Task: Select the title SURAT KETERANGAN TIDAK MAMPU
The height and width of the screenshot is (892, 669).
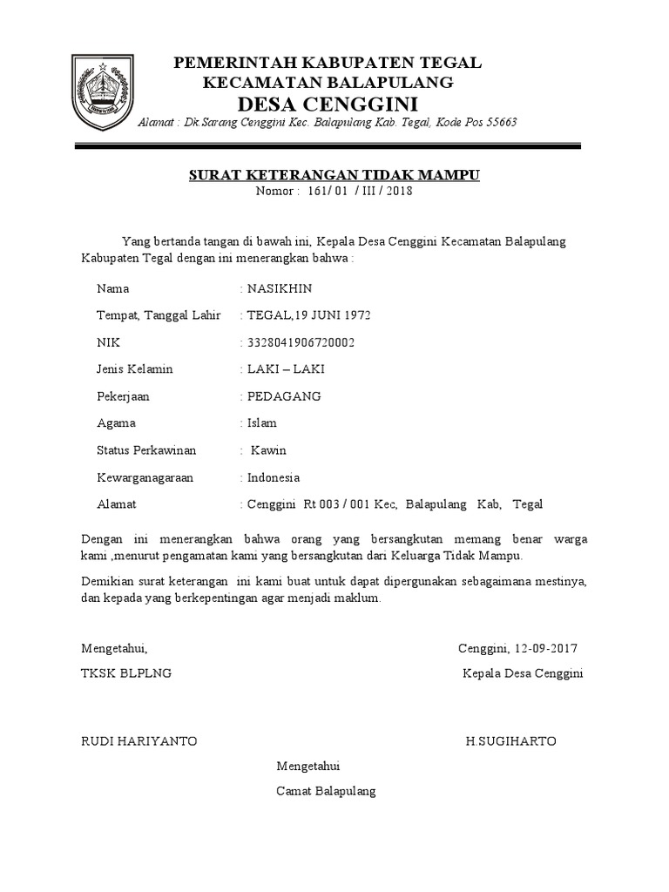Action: (x=334, y=176)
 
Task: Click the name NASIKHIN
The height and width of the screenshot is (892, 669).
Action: (x=279, y=288)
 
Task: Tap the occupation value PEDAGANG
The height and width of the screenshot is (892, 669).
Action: (x=284, y=396)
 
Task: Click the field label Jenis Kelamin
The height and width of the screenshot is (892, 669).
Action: (x=135, y=369)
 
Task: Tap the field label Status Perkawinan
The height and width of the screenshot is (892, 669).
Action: (x=146, y=450)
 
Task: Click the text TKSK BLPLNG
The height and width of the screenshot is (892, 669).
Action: (x=126, y=673)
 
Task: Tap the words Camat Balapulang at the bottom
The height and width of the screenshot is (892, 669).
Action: (x=326, y=792)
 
